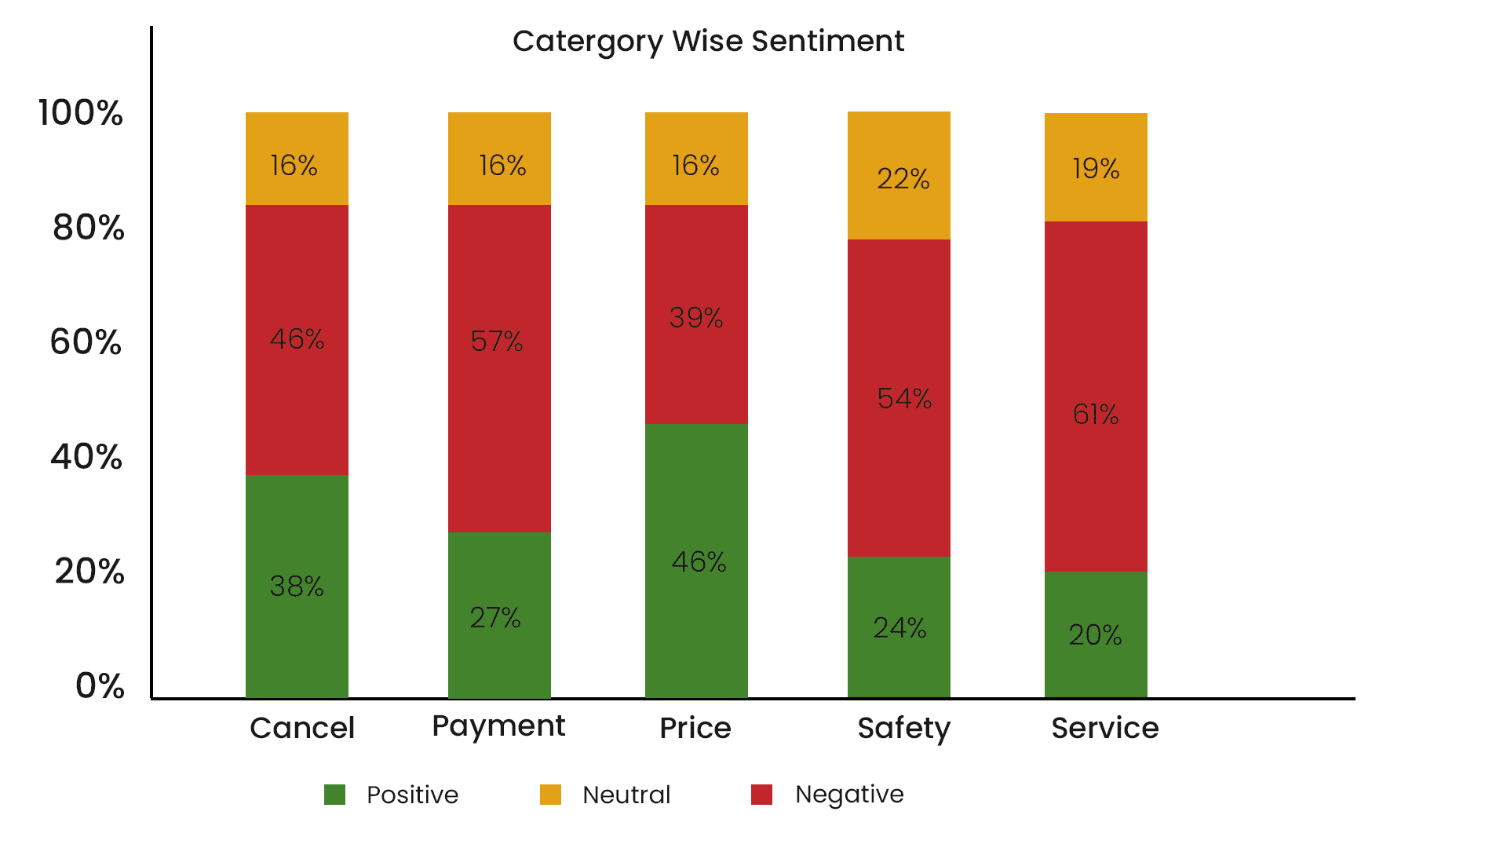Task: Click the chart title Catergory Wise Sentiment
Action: (x=708, y=41)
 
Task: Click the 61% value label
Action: (x=1096, y=414)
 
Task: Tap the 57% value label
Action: (x=497, y=341)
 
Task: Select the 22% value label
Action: (x=903, y=179)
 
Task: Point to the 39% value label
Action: (x=696, y=317)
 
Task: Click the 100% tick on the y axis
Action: (x=81, y=112)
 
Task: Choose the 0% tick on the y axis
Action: (x=100, y=685)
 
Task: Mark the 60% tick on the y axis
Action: (x=86, y=342)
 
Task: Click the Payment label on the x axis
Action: (x=498, y=726)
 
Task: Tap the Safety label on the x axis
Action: (x=903, y=729)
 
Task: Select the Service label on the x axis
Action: (x=1104, y=728)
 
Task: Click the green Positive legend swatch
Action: (x=335, y=795)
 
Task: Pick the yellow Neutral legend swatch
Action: (x=550, y=795)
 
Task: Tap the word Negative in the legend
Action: (x=849, y=795)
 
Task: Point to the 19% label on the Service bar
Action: (x=1096, y=168)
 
